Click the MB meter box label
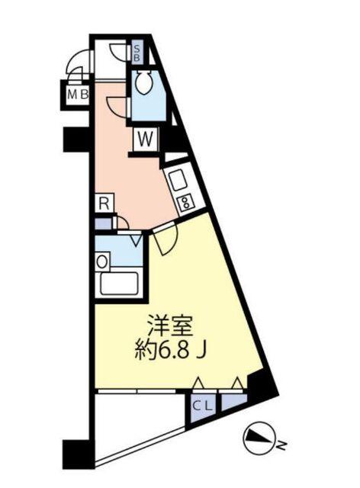[76, 95]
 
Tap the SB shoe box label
[137, 53]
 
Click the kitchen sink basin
[177, 181]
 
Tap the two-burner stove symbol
[185, 202]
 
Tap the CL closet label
[203, 406]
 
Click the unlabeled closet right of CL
[233, 405]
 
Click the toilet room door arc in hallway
[116, 107]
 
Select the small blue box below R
[102, 224]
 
